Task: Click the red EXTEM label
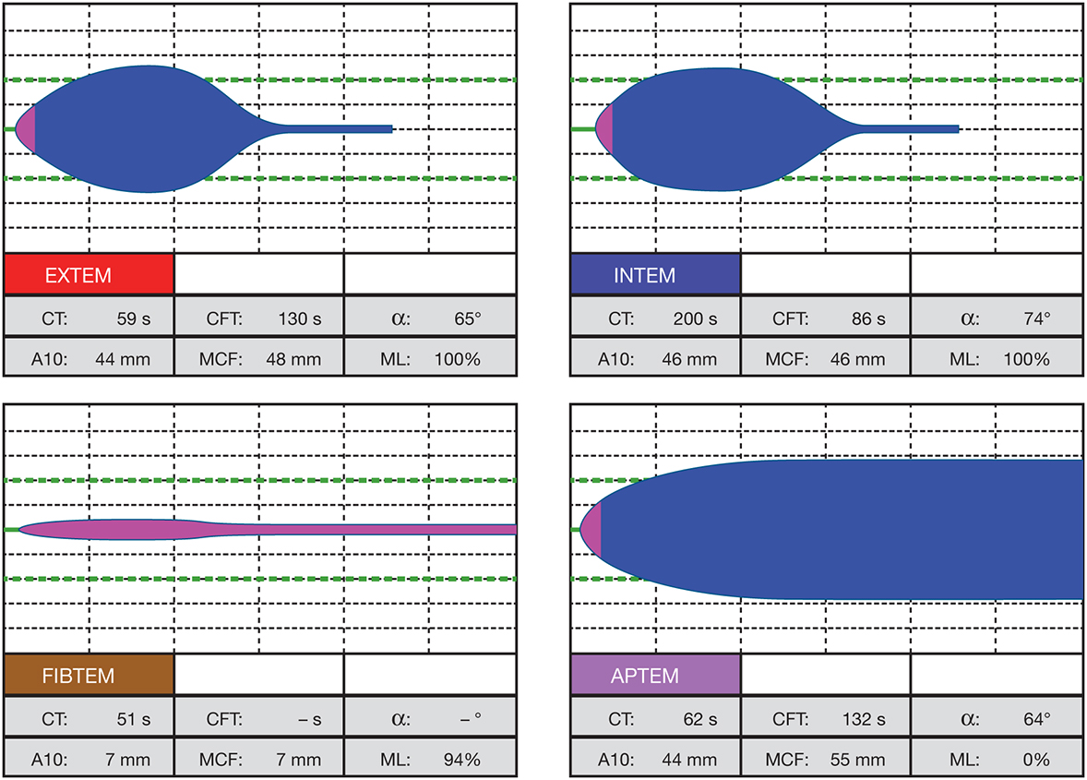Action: click(x=89, y=274)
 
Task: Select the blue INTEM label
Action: click(x=655, y=274)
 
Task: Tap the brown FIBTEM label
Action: click(x=89, y=676)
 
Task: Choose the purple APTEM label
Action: click(x=655, y=676)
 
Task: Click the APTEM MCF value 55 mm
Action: click(x=857, y=761)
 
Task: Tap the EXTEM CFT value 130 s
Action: click(x=299, y=319)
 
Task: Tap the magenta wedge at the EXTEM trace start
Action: click(x=28, y=129)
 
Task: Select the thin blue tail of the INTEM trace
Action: click(x=914, y=129)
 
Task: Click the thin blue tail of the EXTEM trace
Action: click(x=341, y=129)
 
